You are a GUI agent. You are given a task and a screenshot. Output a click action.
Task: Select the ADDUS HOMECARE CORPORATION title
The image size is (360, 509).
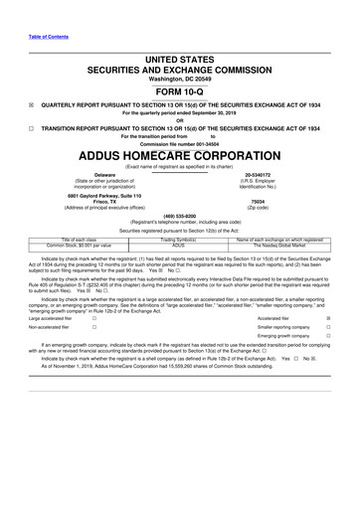pos(180,156)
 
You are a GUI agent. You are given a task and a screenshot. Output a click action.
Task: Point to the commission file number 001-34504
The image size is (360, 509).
pos(180,144)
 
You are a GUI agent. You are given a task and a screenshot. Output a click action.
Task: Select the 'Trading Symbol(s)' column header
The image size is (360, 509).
pos(180,240)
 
